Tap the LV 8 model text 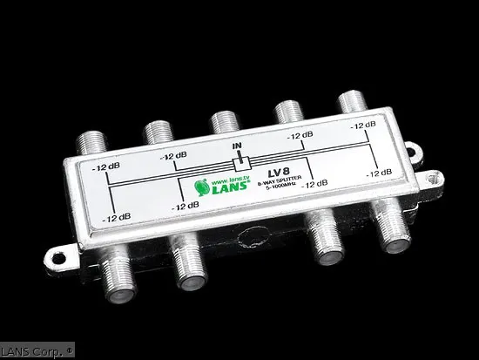point(278,171)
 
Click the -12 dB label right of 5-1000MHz point(315,183)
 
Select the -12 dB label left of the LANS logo point(186,206)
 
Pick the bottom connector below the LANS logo point(190,266)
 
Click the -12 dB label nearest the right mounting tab point(380,173)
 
